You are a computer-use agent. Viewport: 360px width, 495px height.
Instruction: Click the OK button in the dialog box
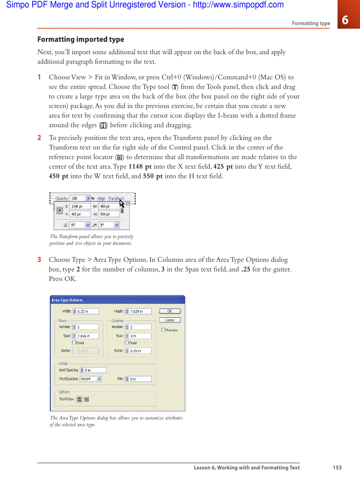[x=169, y=311]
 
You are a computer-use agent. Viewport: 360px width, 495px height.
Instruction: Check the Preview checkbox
[x=164, y=330]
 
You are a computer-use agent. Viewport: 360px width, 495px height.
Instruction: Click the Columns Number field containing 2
[x=140, y=327]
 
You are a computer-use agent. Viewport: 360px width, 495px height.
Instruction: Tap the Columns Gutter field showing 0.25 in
[x=140, y=351]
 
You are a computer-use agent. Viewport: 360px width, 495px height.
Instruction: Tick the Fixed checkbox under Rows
[x=74, y=342]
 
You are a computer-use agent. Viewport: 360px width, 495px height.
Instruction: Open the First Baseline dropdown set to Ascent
[x=91, y=379]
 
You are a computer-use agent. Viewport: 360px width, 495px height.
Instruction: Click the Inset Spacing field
[x=95, y=370]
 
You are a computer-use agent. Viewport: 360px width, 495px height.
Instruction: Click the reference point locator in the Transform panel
[x=59, y=210]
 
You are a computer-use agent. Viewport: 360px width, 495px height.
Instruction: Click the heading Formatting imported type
[x=81, y=39]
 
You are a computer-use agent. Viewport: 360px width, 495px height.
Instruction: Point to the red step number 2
[x=39, y=138]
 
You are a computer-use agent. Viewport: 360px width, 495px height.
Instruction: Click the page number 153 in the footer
[x=337, y=468]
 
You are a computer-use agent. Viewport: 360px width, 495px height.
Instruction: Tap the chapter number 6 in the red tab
[x=345, y=20]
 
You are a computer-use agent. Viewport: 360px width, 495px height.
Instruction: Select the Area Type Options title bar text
[x=67, y=300]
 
